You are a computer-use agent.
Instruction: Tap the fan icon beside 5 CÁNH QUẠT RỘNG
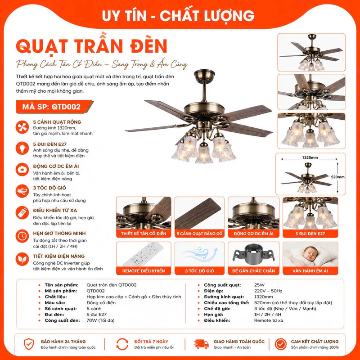coord(22,127)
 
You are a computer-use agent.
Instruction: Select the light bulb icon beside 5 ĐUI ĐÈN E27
coord(22,148)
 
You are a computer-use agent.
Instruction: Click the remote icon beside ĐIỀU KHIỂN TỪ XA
coord(22,213)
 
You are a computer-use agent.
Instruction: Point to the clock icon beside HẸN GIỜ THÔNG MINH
coord(22,236)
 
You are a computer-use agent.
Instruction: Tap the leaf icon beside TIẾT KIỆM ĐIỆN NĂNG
coord(22,259)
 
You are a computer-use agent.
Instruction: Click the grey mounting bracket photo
coord(253,254)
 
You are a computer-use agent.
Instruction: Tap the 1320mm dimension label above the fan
coord(310,158)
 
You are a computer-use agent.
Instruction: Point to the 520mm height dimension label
coord(338,177)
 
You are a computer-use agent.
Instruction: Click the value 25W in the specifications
coord(259,285)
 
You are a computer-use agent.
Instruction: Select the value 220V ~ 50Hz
coord(268,291)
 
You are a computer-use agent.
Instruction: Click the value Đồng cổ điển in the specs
coord(101,303)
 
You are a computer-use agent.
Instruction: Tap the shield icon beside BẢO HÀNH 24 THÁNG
coord(29,344)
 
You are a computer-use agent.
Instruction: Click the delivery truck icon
coord(201,344)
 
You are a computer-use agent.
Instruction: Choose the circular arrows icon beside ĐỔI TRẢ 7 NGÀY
coord(122,344)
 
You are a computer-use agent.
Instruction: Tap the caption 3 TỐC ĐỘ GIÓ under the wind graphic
coord(199,271)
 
